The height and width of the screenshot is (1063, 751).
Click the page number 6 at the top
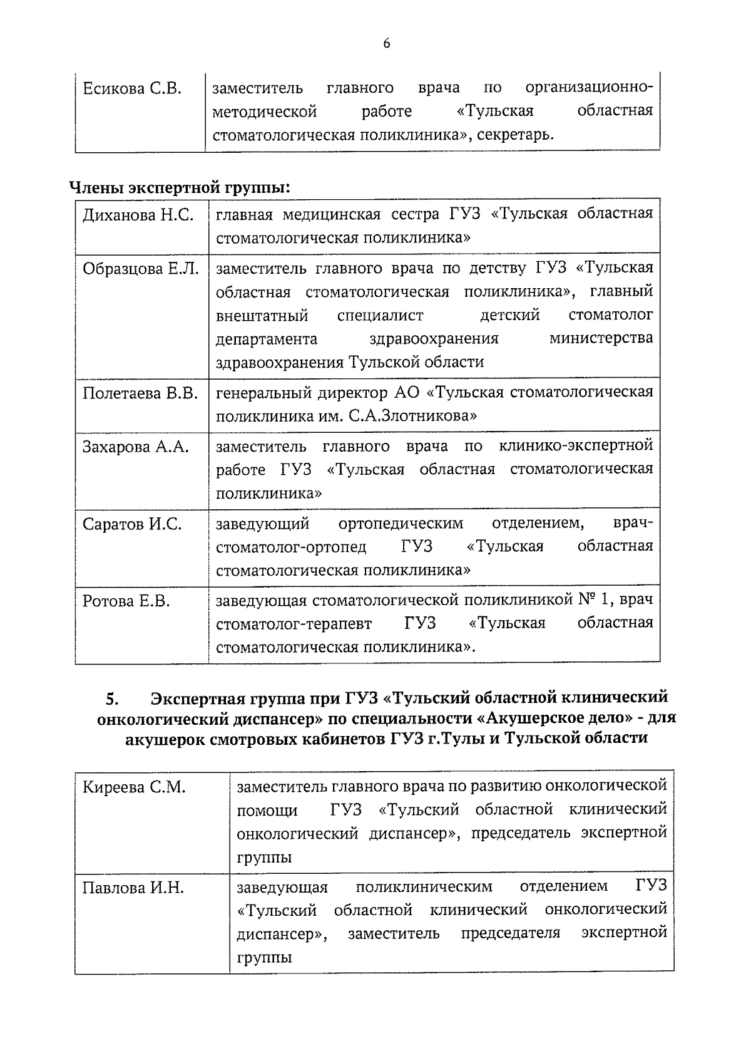pyautogui.click(x=386, y=43)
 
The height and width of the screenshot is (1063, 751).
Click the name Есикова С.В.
pyautogui.click(x=132, y=88)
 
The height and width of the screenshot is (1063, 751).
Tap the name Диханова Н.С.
pyautogui.click(x=138, y=215)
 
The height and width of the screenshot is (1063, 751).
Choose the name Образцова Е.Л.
pyautogui.click(x=141, y=269)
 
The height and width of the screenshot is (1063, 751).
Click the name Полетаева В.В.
pyautogui.click(x=140, y=393)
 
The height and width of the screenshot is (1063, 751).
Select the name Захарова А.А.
pyautogui.click(x=136, y=447)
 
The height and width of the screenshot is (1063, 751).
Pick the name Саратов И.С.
pyautogui.click(x=132, y=524)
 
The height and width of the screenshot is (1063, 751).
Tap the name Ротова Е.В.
pyautogui.click(x=126, y=601)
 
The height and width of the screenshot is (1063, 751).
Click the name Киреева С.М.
pyautogui.click(x=134, y=787)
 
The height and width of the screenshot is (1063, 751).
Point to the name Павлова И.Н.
pyautogui.click(x=133, y=888)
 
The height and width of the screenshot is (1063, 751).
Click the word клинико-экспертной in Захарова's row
pyautogui.click(x=576, y=446)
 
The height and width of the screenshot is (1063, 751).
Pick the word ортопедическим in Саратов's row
pyautogui.click(x=401, y=523)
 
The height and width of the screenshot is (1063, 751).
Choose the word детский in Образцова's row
pyautogui.click(x=509, y=315)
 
